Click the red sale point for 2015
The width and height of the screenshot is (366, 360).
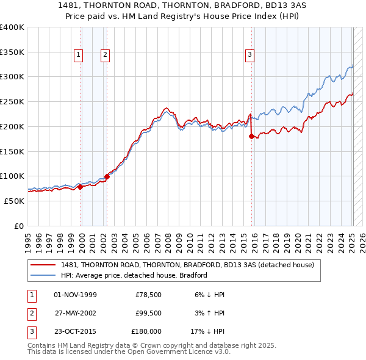(x=251, y=137)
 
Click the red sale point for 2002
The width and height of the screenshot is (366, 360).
(x=107, y=176)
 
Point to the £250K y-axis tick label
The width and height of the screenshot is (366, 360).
(x=12, y=101)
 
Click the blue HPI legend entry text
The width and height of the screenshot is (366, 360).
(x=134, y=275)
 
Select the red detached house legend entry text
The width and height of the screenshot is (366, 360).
(x=187, y=265)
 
